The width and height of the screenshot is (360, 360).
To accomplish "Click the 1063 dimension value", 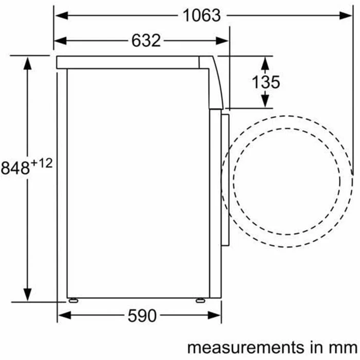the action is (202, 15).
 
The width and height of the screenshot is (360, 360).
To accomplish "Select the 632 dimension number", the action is (146, 41).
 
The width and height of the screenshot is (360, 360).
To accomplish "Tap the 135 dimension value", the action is (266, 82).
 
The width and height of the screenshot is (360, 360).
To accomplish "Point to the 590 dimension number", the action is (142, 316).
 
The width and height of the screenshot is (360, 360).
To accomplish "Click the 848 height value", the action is (15, 168).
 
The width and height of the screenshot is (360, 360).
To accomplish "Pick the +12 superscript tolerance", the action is (42, 164).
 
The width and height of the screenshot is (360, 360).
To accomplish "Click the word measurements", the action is (245, 348).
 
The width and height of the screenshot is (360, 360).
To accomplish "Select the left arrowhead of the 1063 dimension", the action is (62, 15).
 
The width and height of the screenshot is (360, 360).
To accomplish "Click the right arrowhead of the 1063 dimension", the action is (346, 15).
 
